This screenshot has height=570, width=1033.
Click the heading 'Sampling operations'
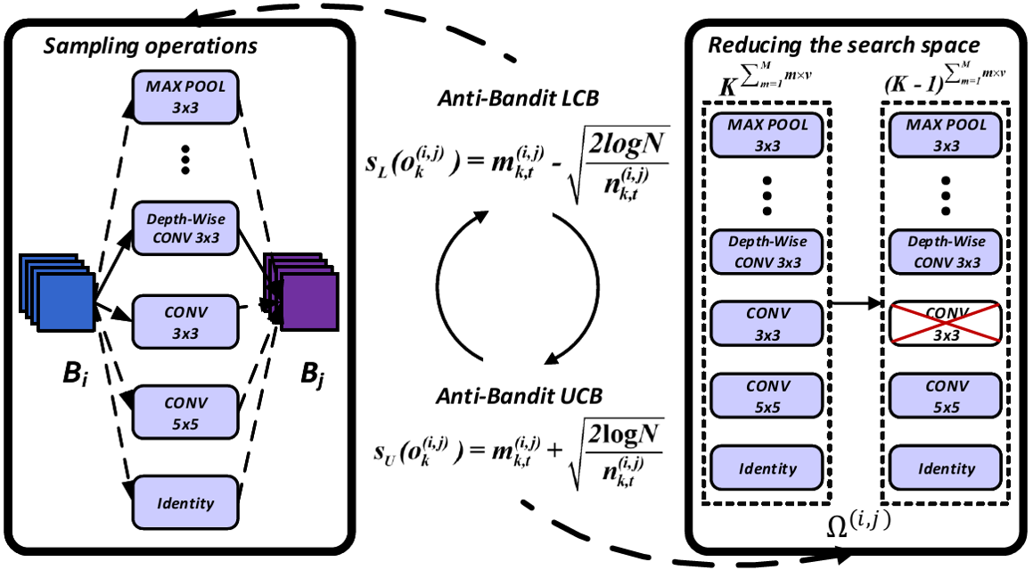click(151, 45)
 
